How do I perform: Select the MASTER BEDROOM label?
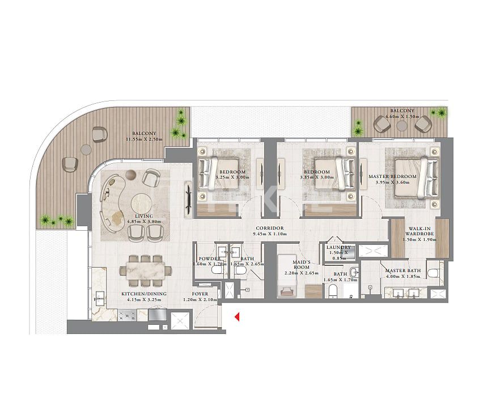393,176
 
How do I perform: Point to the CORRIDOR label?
269,228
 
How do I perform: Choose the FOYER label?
200,294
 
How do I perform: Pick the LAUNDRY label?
339,247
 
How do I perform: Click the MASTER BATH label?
403,270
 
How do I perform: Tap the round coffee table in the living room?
141,203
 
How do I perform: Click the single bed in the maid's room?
291,291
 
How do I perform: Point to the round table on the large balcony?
86,150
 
